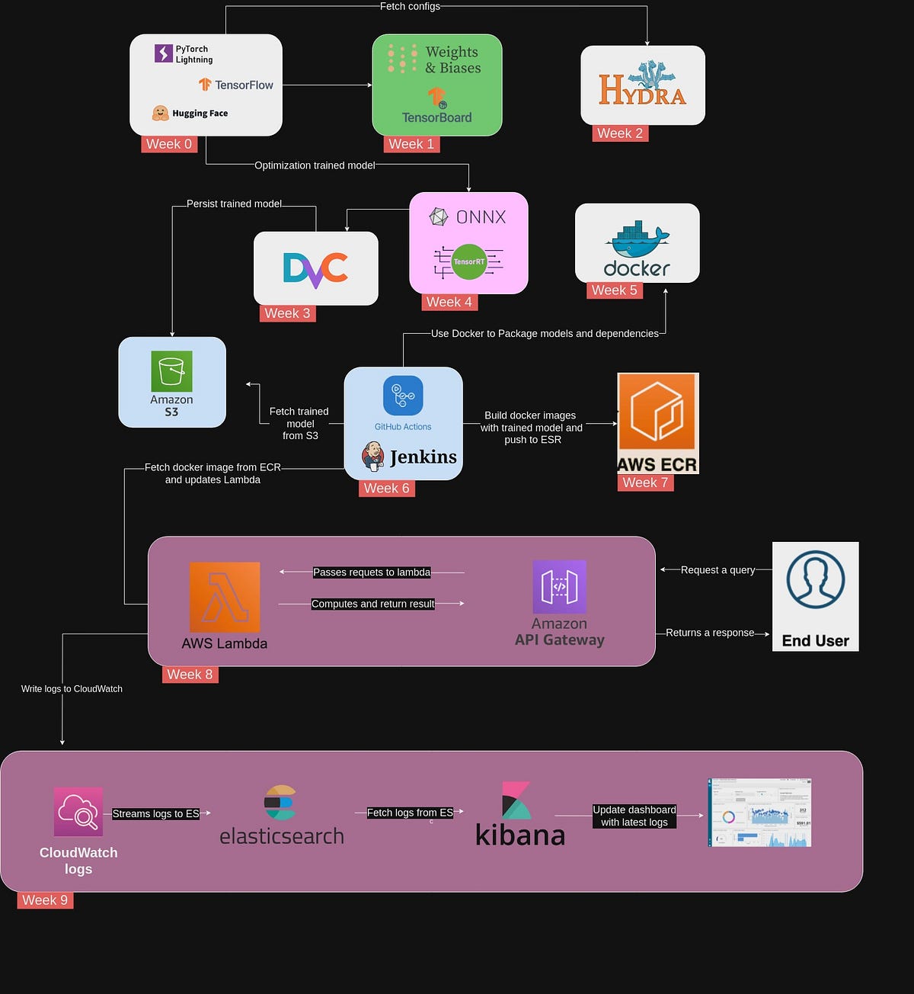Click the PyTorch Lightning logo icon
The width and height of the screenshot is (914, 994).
click(164, 53)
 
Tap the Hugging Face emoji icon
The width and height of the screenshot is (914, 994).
click(160, 114)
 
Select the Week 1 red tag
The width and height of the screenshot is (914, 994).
click(411, 144)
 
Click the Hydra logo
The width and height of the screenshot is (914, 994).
click(642, 85)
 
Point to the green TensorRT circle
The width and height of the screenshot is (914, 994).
click(468, 261)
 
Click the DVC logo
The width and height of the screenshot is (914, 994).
click(315, 269)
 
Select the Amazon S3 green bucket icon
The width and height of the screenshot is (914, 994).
click(171, 371)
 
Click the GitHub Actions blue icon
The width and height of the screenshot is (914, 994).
click(403, 396)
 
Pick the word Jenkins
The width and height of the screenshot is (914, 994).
click(423, 457)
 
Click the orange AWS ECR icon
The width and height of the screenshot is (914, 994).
click(657, 412)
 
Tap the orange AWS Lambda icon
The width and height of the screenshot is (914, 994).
click(225, 597)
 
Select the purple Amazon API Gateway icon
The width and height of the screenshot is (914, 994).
click(559, 587)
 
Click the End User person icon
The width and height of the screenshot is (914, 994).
click(815, 581)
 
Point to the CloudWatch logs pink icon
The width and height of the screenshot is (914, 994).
click(78, 812)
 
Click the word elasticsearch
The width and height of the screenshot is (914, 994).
click(282, 836)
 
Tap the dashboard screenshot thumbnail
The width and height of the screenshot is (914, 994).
click(759, 813)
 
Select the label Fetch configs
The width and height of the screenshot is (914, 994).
click(410, 6)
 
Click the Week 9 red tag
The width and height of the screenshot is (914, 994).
click(45, 900)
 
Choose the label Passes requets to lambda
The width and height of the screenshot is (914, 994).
click(372, 572)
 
